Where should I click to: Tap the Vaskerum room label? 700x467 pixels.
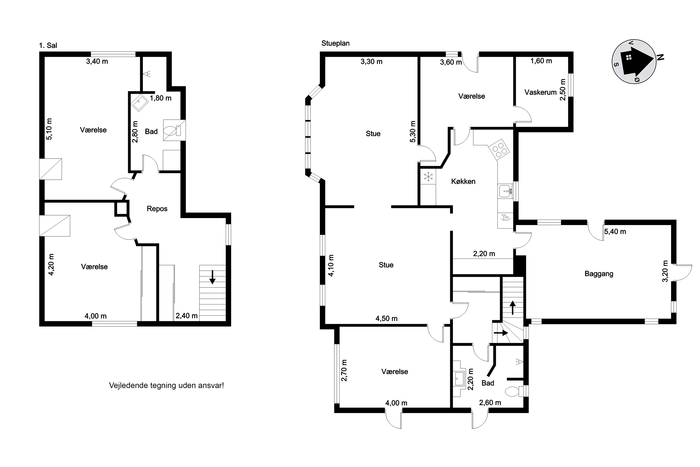[541, 92]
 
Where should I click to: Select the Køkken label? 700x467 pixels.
[463, 181]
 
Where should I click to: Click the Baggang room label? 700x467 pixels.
[599, 274]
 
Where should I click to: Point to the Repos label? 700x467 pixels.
[157, 209]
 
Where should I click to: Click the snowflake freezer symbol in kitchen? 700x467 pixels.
[429, 176]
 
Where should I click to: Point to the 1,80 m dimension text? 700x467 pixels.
[161, 98]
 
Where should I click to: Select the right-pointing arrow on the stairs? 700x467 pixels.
[501, 333]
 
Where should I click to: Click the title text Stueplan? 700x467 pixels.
[335, 43]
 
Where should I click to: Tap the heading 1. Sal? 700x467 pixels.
[48, 45]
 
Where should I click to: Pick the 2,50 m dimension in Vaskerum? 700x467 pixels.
[562, 90]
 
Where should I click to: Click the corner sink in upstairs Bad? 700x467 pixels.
[139, 103]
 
